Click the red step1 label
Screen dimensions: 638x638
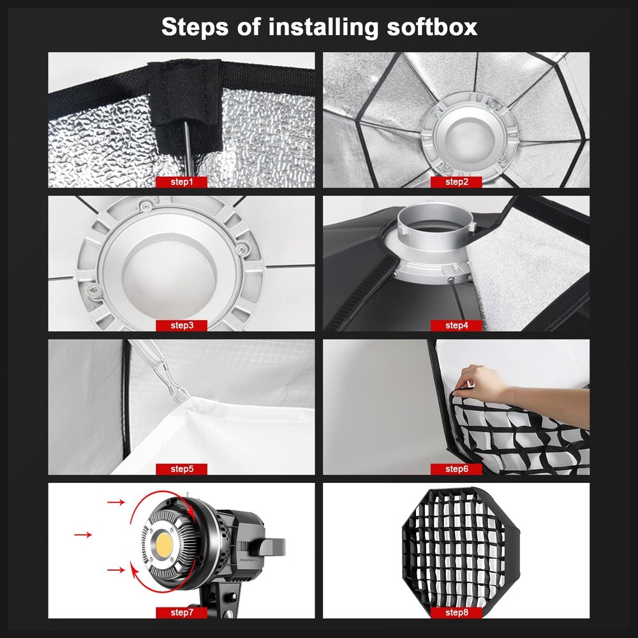pyautogui.click(x=181, y=182)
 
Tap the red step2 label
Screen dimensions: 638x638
pyautogui.click(x=456, y=182)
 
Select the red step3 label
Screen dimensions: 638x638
pyautogui.click(x=181, y=325)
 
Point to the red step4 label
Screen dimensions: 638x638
pyautogui.click(x=456, y=325)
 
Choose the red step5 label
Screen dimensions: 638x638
pyautogui.click(x=181, y=469)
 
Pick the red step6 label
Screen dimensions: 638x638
pyautogui.click(x=456, y=469)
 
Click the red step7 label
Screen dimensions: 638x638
pyautogui.click(x=181, y=612)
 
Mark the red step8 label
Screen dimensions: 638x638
pyautogui.click(x=456, y=612)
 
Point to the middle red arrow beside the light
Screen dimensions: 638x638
pyautogui.click(x=83, y=534)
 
